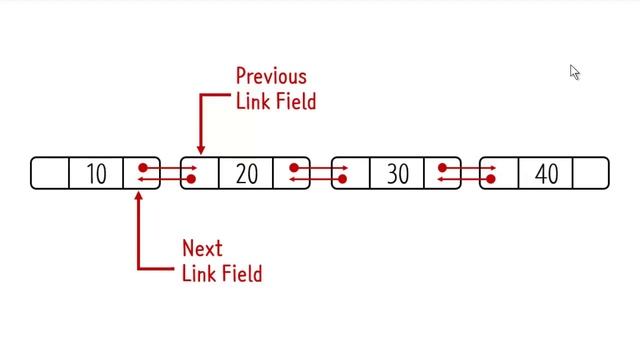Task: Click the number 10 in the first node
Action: coord(96,174)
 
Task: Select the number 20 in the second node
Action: coord(246,174)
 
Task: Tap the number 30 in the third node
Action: coord(397,174)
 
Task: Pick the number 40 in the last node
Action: coord(546,174)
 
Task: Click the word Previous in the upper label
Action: coord(270,76)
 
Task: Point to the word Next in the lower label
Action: coord(202,248)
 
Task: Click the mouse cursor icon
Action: coord(575,72)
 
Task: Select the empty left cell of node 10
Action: coord(50,173)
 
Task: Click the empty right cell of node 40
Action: coord(591,173)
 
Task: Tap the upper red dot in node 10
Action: coord(143,167)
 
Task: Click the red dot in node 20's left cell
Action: coord(191,180)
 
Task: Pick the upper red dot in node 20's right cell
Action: coord(293,167)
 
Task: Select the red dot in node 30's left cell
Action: coord(342,180)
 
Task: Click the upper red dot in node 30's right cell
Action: coord(442,167)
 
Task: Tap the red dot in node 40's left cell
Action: coord(491,180)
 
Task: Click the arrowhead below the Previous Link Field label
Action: coord(200,150)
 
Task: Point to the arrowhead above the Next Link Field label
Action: coord(138,195)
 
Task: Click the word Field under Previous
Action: coord(293,101)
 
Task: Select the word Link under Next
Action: coord(199,273)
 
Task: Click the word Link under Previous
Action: coord(253,101)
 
